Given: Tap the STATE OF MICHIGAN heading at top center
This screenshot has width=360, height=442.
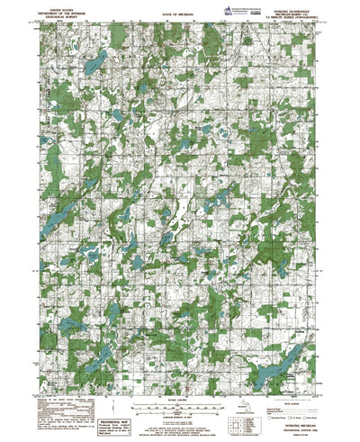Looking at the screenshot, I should pyautogui.click(x=180, y=7).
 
